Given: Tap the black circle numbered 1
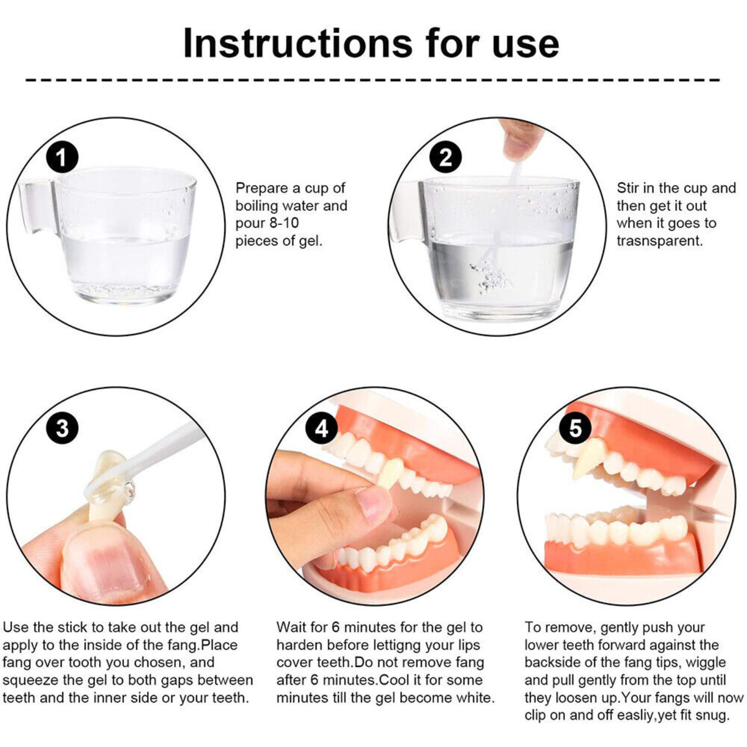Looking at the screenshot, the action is pyautogui.click(x=62, y=157).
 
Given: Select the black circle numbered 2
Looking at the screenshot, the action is pyautogui.click(x=445, y=157).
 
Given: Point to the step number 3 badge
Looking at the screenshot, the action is pyautogui.click(x=62, y=428).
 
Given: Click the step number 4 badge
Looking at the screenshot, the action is pyautogui.click(x=322, y=428).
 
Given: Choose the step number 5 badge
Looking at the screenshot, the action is pyautogui.click(x=575, y=428).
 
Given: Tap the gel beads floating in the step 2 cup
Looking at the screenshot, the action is pyautogui.click(x=490, y=278).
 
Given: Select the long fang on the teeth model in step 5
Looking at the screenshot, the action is pyautogui.click(x=588, y=460).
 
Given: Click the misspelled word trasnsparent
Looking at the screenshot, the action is pyautogui.click(x=659, y=241).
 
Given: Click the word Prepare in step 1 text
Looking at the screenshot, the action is pyautogui.click(x=262, y=189).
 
